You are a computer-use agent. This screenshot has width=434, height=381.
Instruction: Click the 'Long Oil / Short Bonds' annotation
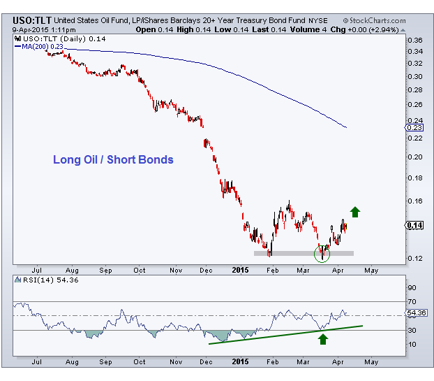click(113, 159)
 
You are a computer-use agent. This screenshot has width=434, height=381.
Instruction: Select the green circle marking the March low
click(322, 253)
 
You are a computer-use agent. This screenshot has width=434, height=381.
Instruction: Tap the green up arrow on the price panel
click(355, 211)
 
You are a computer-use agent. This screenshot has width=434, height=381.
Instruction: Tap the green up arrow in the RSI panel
click(322, 339)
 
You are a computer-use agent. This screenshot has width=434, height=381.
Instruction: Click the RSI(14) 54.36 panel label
click(41, 280)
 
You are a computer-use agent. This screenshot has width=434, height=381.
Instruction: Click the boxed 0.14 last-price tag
click(414, 225)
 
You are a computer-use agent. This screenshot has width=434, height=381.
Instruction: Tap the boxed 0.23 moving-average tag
click(414, 128)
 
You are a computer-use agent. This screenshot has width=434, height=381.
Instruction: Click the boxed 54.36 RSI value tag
click(417, 312)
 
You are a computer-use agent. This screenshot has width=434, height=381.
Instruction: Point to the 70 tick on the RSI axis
click(412, 301)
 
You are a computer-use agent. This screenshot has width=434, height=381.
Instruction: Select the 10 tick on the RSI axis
click(412, 343)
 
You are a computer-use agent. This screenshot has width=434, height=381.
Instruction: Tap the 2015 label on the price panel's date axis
click(240, 268)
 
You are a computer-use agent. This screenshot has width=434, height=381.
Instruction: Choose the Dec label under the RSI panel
click(207, 362)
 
